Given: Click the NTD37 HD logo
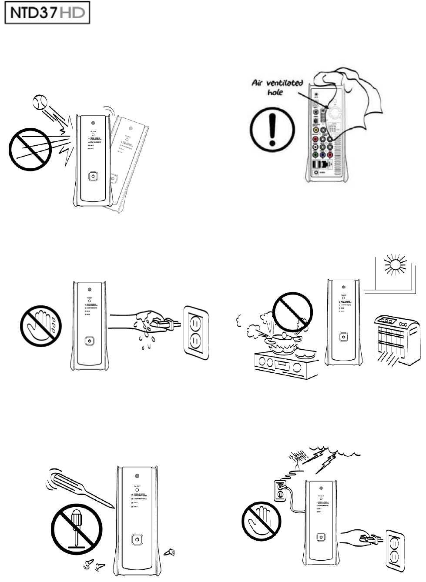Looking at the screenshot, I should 47,14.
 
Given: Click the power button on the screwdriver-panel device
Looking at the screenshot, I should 137,539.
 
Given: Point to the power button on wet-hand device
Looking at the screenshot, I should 90,340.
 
